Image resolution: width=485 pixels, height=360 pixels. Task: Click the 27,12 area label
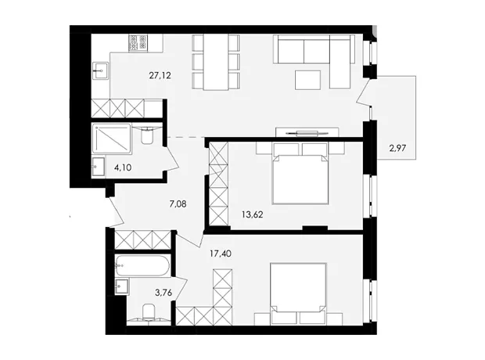click(160, 75)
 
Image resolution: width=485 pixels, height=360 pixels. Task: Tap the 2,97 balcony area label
click(397, 148)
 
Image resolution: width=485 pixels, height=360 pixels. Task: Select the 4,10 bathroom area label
click(123, 167)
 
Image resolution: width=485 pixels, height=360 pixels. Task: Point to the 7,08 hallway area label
click(178, 204)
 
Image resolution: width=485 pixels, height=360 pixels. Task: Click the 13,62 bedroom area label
click(253, 214)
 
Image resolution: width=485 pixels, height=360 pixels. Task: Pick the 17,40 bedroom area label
click(221, 254)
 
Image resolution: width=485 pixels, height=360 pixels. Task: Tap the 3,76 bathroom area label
click(163, 293)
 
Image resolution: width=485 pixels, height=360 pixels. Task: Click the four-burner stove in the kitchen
click(138, 42)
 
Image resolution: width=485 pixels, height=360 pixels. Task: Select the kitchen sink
click(100, 71)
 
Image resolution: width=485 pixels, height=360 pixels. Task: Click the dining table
click(216, 62)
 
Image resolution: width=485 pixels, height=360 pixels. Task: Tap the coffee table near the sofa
click(307, 80)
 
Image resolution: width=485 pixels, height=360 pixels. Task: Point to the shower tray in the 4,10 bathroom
click(112, 139)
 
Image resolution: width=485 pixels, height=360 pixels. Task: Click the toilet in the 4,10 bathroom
click(147, 135)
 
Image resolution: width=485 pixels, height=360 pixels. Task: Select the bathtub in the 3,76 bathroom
click(142, 265)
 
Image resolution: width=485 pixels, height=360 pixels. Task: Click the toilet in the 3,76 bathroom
click(149, 311)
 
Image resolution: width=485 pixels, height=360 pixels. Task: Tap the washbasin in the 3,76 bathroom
click(121, 286)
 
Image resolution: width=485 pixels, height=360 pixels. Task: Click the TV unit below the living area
click(307, 132)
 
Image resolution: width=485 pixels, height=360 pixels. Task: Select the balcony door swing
click(363, 92)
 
